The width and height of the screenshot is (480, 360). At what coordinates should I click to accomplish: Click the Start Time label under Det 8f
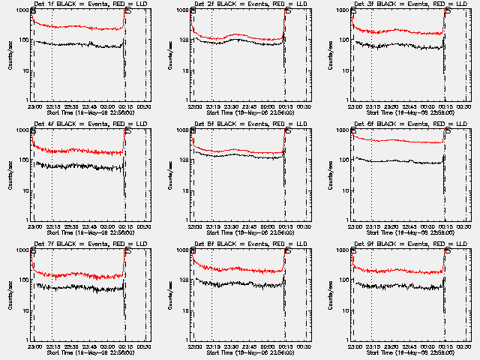[x=246, y=351]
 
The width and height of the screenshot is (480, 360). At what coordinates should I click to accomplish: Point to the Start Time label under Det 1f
[x=85, y=111]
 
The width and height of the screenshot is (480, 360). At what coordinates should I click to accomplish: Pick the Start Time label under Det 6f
[x=406, y=231]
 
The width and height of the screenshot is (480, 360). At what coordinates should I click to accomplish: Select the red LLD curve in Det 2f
[x=240, y=35]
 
